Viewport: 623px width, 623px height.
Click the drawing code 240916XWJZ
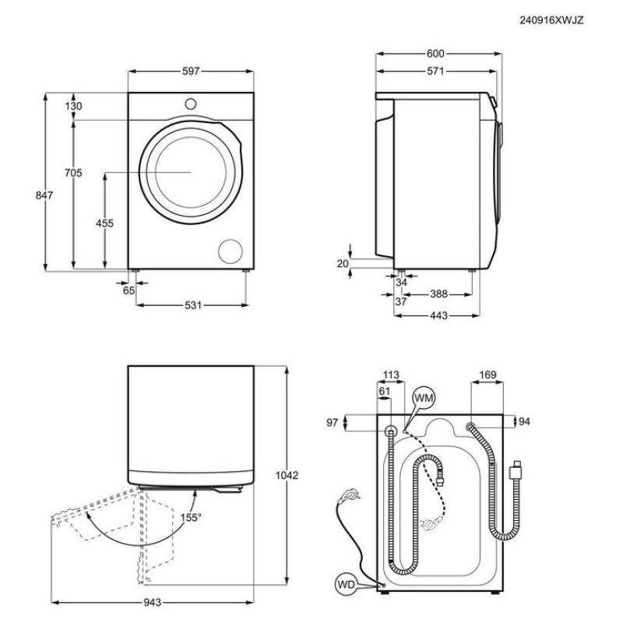[551, 20]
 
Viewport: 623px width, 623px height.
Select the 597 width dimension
[191, 71]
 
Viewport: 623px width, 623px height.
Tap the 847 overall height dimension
[44, 196]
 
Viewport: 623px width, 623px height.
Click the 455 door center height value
[104, 224]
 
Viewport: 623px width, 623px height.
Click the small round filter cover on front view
[231, 251]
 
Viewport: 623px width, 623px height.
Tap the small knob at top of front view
[191, 102]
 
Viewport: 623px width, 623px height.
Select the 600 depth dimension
[435, 54]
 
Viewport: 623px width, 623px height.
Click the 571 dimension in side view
[435, 71]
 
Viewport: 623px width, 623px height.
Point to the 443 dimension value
[438, 315]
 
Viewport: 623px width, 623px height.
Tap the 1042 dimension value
[288, 474]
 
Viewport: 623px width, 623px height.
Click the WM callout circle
[424, 399]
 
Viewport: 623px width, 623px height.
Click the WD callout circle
[346, 584]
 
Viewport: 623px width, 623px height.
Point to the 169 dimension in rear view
[487, 375]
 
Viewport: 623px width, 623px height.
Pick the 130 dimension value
[73, 106]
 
